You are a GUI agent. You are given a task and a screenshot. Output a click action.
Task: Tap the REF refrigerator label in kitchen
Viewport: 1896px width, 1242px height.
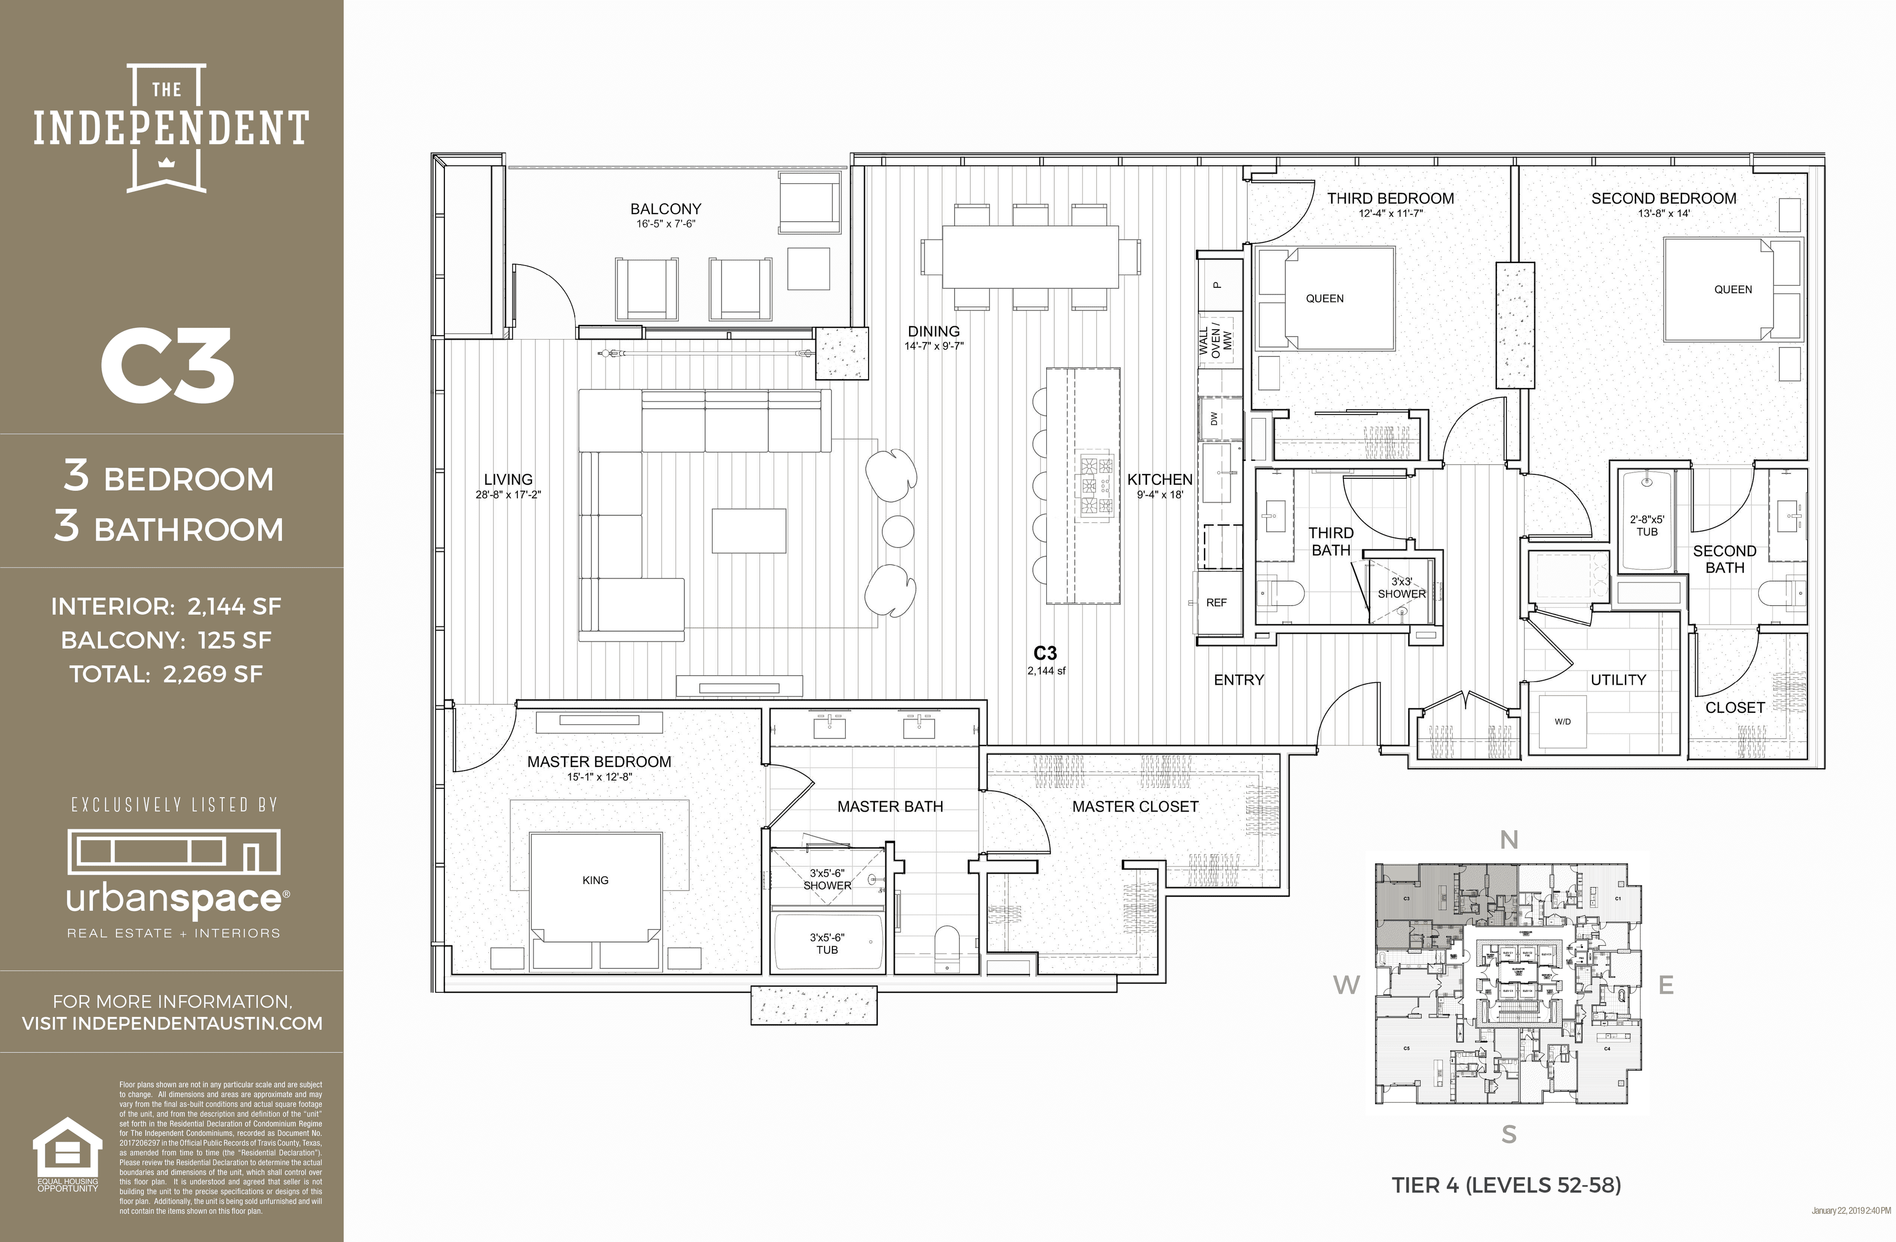pyautogui.click(x=1217, y=602)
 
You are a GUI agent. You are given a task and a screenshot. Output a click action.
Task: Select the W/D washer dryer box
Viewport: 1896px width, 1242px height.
pyautogui.click(x=1562, y=722)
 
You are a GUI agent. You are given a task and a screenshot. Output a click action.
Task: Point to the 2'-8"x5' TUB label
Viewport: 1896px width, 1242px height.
pyautogui.click(x=1647, y=526)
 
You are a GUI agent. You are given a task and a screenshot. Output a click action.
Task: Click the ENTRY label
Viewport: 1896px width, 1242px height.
pyautogui.click(x=1239, y=680)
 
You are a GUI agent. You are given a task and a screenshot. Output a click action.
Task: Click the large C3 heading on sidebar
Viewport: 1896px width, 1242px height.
pyautogui.click(x=167, y=366)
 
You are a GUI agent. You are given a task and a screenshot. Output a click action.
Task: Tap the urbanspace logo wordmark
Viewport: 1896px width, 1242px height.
pyautogui.click(x=174, y=900)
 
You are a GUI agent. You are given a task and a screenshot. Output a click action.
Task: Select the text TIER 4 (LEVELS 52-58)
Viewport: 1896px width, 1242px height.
pyautogui.click(x=1505, y=1185)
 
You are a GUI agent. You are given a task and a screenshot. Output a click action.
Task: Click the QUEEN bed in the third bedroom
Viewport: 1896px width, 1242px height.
pyautogui.click(x=1324, y=299)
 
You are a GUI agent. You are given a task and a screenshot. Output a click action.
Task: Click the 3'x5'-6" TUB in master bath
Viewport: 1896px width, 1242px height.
pyautogui.click(x=827, y=944)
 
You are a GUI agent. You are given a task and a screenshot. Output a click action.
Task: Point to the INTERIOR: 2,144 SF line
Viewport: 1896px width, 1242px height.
pyautogui.click(x=166, y=607)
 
